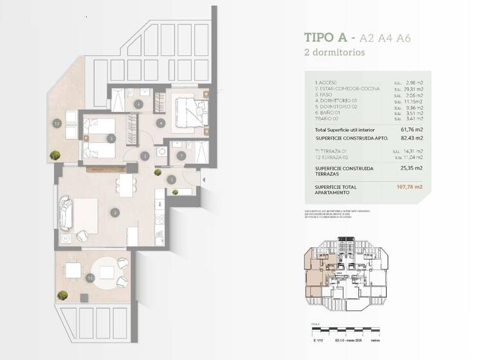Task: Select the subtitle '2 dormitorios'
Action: [x=334, y=53]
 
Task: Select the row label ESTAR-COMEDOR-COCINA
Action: [x=347, y=89]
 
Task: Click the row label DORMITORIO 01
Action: [x=337, y=101]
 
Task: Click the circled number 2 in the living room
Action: [x=114, y=212]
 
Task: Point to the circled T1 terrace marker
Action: [x=91, y=278]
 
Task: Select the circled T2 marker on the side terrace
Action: [x=57, y=123]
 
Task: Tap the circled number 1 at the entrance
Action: [x=172, y=180]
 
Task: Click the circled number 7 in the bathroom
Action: [x=181, y=156]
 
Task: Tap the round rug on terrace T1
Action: [x=107, y=271]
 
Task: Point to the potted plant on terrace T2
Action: [x=56, y=155]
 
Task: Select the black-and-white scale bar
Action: [x=347, y=331]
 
